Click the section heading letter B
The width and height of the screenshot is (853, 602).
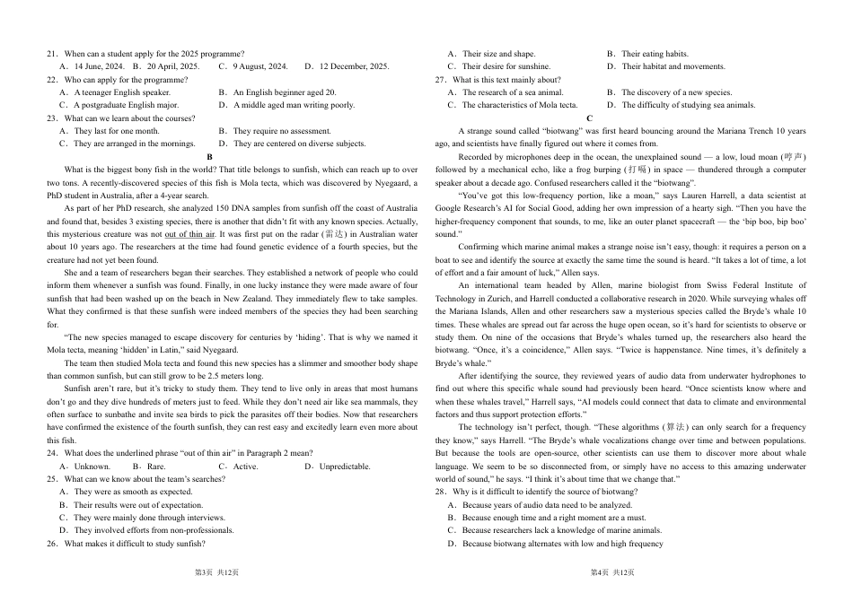[x=209, y=156]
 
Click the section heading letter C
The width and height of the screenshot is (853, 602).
[x=589, y=118]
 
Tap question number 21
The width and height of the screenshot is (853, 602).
[x=52, y=54]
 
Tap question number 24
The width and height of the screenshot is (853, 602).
[x=52, y=453]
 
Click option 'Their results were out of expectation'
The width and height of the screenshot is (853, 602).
[x=132, y=505]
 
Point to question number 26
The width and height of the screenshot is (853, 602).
[x=52, y=544]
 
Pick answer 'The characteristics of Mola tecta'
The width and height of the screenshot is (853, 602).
[x=514, y=105]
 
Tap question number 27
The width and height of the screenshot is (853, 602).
[x=440, y=80]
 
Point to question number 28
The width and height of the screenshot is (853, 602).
[x=440, y=493]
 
